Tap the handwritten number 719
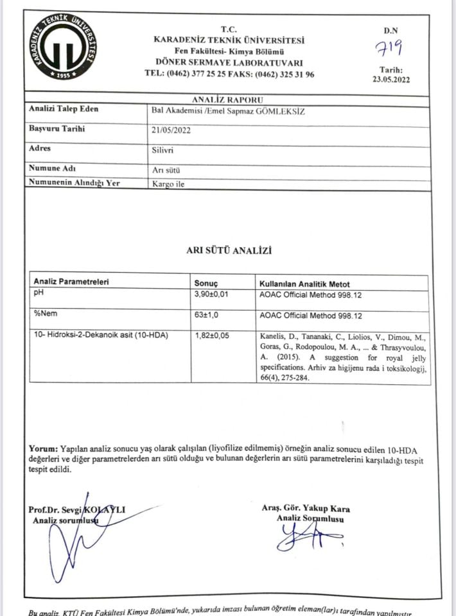coord(390,48)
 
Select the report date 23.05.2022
coord(390,80)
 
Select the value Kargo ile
coord(168,183)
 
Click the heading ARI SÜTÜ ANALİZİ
coord(228,250)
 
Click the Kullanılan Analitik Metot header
coord(304,283)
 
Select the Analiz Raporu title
coord(227,100)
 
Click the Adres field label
coord(40,148)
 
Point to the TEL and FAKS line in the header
coord(229,74)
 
